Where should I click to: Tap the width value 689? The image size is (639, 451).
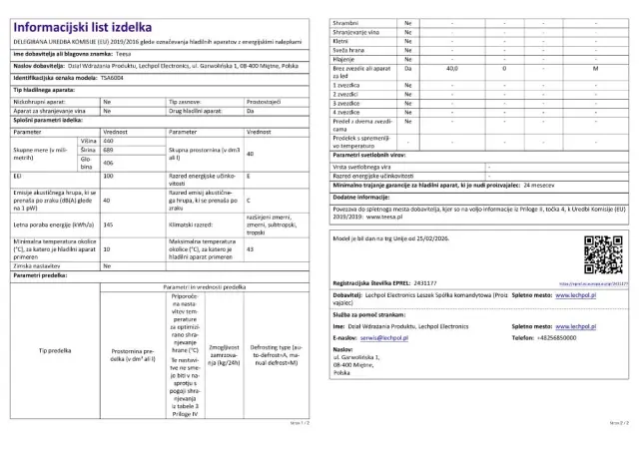(x=108, y=152)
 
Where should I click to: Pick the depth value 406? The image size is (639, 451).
(x=108, y=162)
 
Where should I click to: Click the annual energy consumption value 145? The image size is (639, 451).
(x=108, y=224)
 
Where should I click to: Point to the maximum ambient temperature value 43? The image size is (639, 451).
(x=250, y=248)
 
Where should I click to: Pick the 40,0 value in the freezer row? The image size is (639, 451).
(x=451, y=68)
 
